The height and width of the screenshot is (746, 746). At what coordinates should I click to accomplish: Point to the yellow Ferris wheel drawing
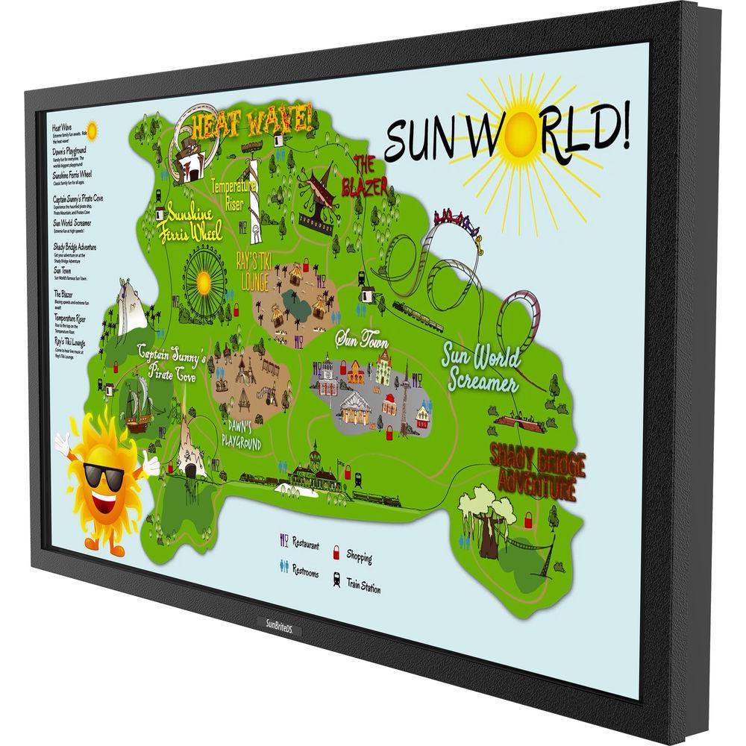(x=203, y=282)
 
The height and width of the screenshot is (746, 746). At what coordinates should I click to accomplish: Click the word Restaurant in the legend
(x=305, y=543)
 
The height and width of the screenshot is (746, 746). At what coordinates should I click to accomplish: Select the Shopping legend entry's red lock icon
(x=336, y=551)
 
